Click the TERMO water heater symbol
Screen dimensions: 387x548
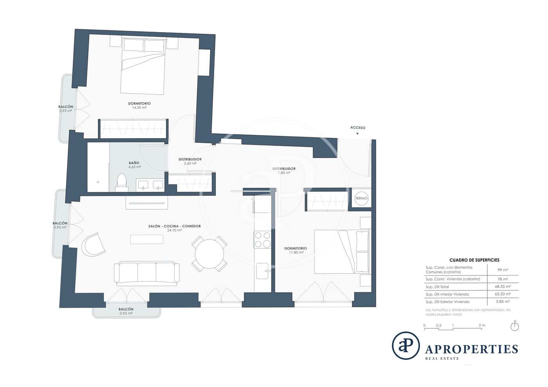(x=361, y=198)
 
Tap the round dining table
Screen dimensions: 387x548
(x=209, y=254)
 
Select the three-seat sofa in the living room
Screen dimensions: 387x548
(x=147, y=273)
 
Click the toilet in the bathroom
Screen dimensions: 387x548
(x=122, y=183)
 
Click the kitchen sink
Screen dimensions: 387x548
(x=262, y=270)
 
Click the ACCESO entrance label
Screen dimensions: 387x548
(x=357, y=128)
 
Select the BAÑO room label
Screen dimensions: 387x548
(x=134, y=163)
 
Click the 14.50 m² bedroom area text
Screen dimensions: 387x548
(x=139, y=108)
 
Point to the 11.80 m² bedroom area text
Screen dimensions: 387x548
(x=296, y=252)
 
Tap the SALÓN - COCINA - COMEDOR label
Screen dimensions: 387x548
(x=175, y=226)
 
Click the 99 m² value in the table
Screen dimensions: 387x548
(x=503, y=270)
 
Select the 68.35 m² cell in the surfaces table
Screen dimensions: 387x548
(x=503, y=287)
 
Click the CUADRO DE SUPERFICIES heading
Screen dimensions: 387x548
(x=474, y=260)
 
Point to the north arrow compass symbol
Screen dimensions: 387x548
(x=515, y=326)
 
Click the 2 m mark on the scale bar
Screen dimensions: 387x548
(x=481, y=326)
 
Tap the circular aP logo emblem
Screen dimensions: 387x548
(x=406, y=346)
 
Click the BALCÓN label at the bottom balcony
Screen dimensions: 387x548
(x=126, y=309)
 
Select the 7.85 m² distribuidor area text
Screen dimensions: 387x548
(x=284, y=173)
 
